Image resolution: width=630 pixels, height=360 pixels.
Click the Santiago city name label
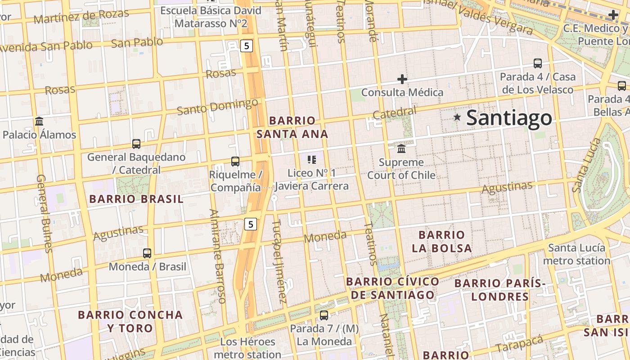coord(509,118)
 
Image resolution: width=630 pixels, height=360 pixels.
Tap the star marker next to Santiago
coord(458,117)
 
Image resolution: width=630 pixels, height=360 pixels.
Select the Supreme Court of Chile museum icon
coord(401,148)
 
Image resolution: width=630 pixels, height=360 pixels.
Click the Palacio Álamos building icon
coord(39,121)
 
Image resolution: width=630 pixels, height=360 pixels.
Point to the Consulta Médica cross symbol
coord(402,80)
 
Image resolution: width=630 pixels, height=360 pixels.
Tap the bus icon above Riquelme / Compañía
coord(235,161)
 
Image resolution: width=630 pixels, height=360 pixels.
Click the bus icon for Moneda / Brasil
coord(147,253)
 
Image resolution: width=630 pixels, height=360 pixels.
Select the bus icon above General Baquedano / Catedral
coord(136,144)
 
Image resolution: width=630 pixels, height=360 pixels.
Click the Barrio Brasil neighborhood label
coord(136,199)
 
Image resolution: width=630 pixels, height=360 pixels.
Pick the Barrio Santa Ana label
coord(292,127)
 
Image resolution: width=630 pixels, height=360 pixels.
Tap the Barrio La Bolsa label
coord(442,241)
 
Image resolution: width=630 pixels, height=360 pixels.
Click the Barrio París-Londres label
coord(499,290)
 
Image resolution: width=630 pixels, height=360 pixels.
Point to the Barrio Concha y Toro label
coord(130,321)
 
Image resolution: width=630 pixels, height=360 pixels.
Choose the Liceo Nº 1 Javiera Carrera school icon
coord(312,159)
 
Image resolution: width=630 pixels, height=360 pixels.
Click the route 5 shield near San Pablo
coord(246,45)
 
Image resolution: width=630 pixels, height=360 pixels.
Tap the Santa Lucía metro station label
coord(576,254)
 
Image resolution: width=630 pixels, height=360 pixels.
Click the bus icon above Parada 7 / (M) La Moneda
coord(324,315)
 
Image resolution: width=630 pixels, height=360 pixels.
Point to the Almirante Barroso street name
coord(217,256)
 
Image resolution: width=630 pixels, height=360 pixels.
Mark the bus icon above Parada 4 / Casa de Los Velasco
coord(537,63)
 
